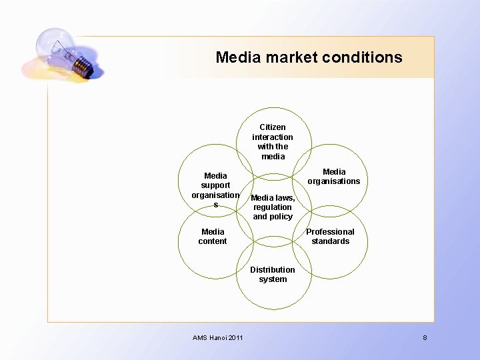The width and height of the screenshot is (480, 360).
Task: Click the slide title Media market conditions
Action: pyautogui.click(x=309, y=57)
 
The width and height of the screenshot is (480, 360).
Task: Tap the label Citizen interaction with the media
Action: pyautogui.click(x=273, y=141)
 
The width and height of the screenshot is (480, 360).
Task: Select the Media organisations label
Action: pyautogui.click(x=333, y=177)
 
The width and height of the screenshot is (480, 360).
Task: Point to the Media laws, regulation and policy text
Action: pyautogui.click(x=273, y=207)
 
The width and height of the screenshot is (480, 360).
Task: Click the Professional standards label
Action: pyautogui.click(x=330, y=237)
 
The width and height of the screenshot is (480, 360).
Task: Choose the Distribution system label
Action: pyautogui.click(x=273, y=275)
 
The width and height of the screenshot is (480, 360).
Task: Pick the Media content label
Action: pyautogui.click(x=213, y=237)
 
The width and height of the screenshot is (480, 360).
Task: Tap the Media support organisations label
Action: pyautogui.click(x=215, y=190)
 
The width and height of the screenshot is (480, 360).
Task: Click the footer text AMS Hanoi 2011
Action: pyautogui.click(x=218, y=338)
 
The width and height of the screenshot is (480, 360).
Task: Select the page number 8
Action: pyautogui.click(x=425, y=338)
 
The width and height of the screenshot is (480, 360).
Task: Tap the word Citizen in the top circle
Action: pyautogui.click(x=273, y=127)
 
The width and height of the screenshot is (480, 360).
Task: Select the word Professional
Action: pyautogui.click(x=330, y=232)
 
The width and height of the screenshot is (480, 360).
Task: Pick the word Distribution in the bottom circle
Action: pyautogui.click(x=273, y=270)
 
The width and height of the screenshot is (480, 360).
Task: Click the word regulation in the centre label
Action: pyautogui.click(x=272, y=207)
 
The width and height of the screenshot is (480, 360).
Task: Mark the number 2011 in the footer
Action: pyautogui.click(x=235, y=338)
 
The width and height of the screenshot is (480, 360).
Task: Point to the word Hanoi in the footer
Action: pyautogui.click(x=217, y=338)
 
